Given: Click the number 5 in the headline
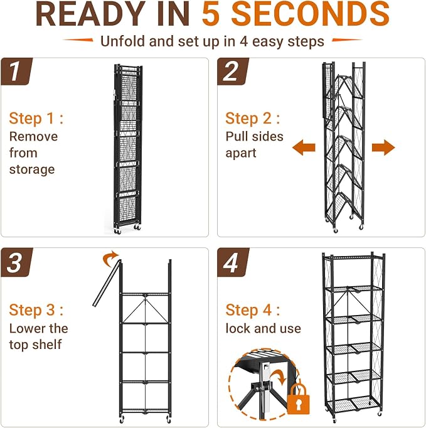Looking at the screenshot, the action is point(211,14).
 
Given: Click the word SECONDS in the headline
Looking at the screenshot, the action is point(311,14).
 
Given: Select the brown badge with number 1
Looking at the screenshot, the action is point(17,72).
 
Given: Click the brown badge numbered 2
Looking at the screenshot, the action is point(233,72).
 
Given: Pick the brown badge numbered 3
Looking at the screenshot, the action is point(17,262).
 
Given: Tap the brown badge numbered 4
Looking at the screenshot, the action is point(233,262).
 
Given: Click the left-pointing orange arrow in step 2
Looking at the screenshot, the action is point(304,147).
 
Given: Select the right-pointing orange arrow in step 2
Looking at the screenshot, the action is point(383,147).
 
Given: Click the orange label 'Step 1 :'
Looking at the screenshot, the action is point(36,119).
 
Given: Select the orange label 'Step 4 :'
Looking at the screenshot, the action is point(253,310).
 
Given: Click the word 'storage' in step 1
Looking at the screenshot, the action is point(32,170).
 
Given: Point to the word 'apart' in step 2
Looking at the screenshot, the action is point(241,153).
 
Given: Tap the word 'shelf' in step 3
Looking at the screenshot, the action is point(46,345).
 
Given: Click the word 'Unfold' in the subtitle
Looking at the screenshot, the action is point(122,41).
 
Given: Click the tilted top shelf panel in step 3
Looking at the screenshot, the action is point(107,283).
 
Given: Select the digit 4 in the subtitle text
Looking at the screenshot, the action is point(243,42).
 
